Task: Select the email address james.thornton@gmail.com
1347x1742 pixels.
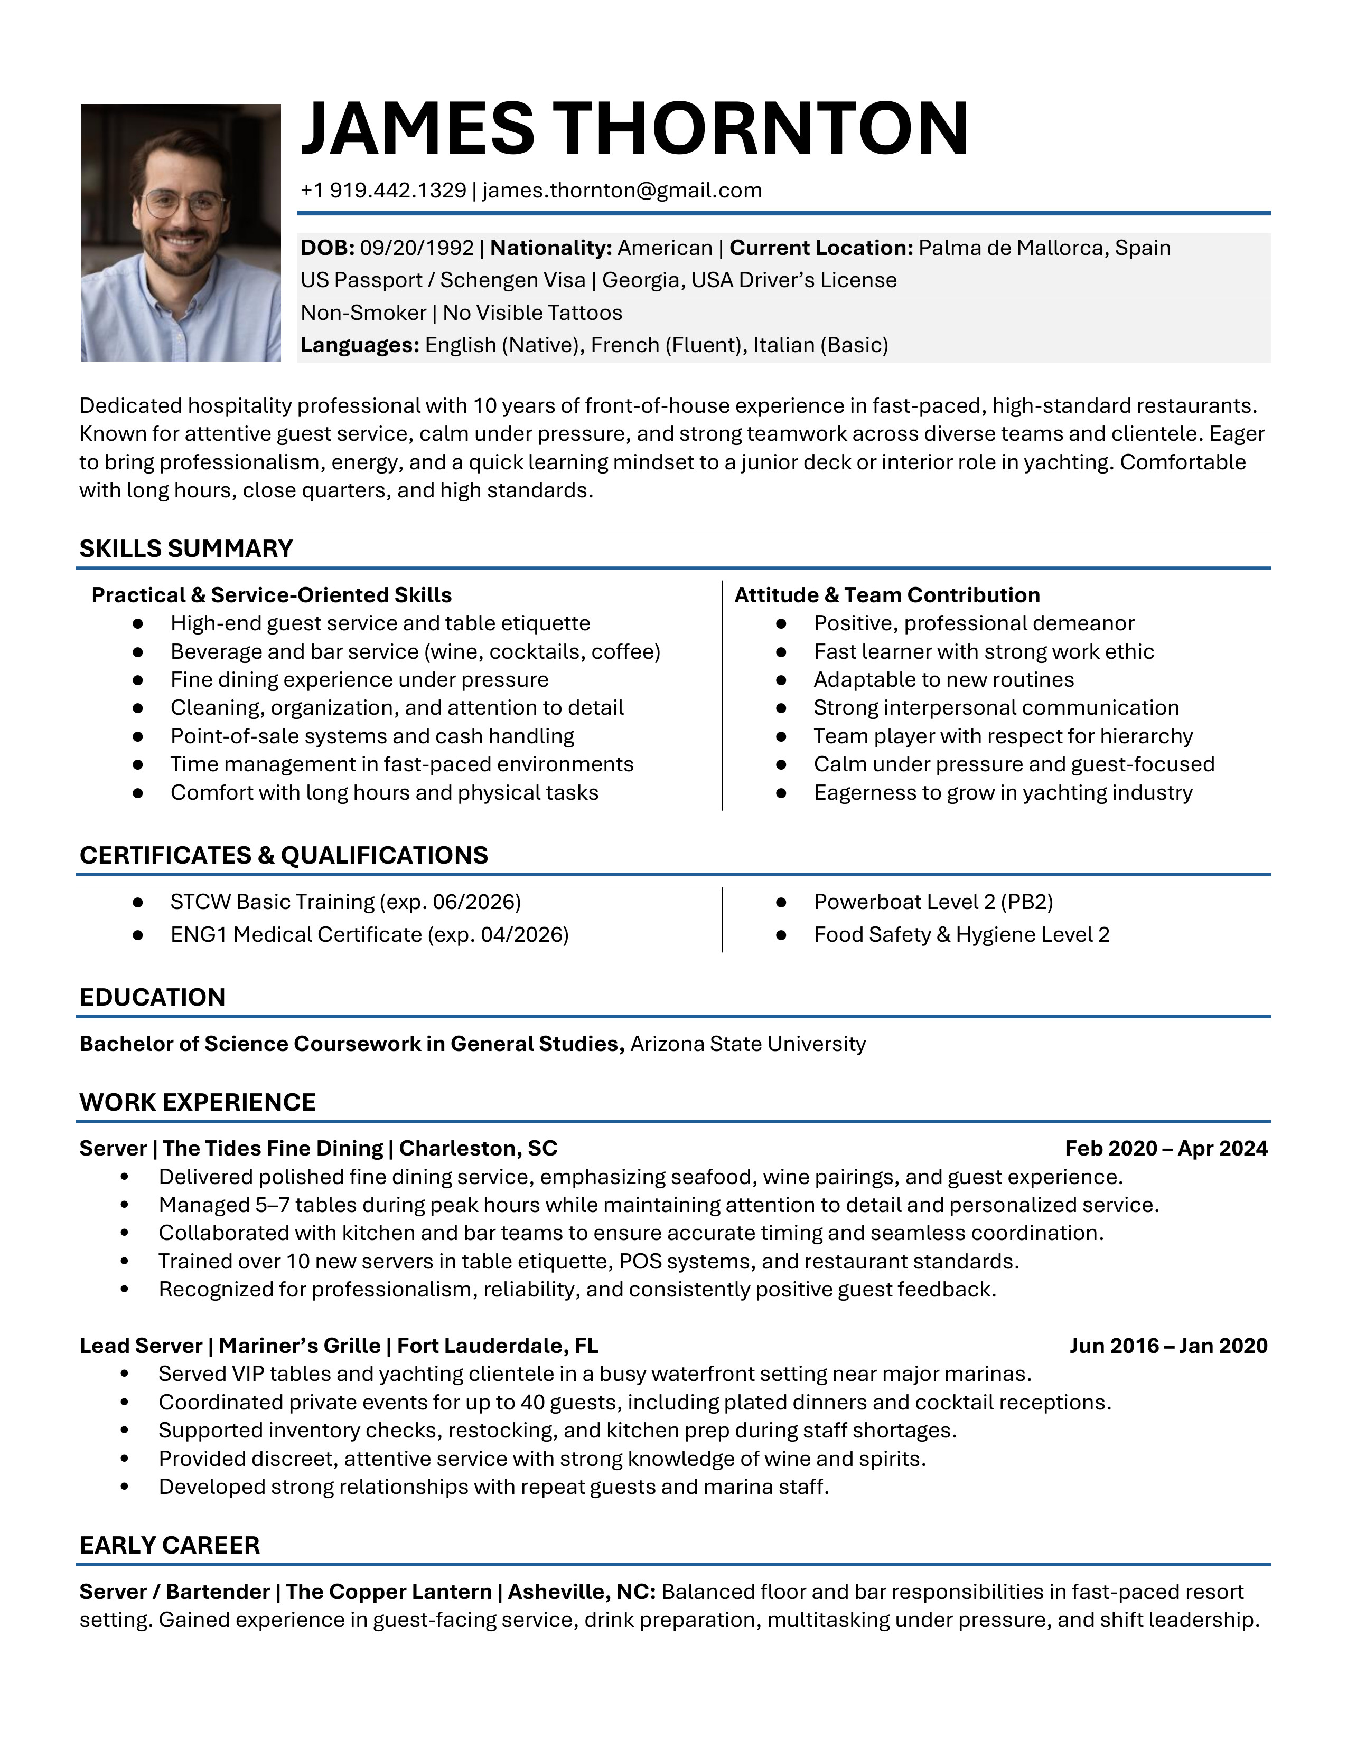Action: (622, 191)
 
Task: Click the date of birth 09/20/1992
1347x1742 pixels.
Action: (417, 248)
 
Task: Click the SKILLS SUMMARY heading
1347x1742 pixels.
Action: (186, 549)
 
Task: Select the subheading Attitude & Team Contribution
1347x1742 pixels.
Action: (886, 595)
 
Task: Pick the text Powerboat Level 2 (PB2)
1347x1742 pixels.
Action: (933, 902)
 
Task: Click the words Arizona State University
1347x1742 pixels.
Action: (747, 1044)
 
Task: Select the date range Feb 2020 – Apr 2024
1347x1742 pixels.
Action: (1166, 1149)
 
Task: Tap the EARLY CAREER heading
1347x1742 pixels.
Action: (169, 1545)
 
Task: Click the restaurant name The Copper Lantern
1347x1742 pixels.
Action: (389, 1592)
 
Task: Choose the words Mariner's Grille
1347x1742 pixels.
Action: (299, 1347)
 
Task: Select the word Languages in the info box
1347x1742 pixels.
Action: (358, 345)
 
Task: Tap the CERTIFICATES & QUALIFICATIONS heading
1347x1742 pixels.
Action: (283, 855)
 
